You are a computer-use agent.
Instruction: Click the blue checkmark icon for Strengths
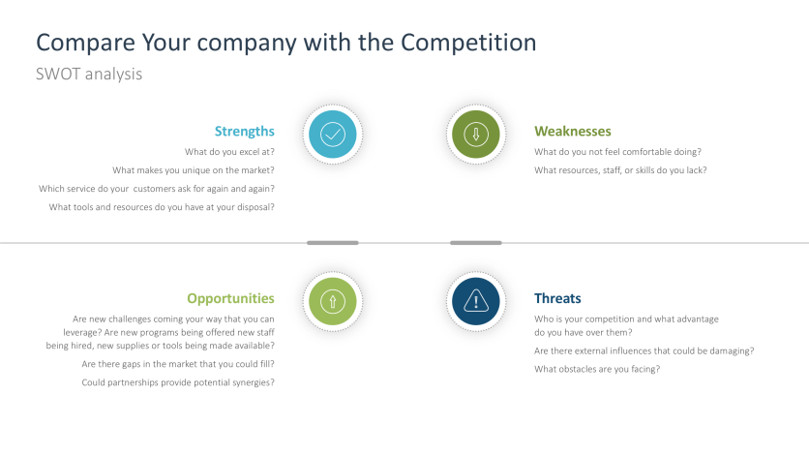(333, 135)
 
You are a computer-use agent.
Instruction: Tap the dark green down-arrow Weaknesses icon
(476, 135)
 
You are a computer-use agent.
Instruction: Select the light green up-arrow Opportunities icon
(333, 301)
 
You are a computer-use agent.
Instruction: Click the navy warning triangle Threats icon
(476, 301)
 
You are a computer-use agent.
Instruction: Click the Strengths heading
(245, 132)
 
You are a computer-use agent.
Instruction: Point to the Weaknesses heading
(573, 132)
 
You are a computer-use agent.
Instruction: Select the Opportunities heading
(230, 299)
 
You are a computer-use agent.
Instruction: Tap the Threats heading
(557, 299)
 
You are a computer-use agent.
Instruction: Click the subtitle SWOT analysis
(89, 75)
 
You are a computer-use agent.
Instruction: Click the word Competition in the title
(468, 43)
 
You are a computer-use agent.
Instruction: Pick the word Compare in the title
(86, 44)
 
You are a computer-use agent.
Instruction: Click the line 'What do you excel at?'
(229, 152)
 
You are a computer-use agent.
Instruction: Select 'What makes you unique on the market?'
(194, 170)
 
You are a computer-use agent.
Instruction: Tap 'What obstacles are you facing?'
(597, 370)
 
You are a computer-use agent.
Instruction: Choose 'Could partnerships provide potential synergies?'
(178, 382)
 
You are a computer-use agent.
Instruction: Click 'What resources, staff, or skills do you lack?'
(620, 170)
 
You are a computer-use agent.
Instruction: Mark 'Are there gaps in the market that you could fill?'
(178, 364)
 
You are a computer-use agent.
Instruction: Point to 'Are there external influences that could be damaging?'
(644, 350)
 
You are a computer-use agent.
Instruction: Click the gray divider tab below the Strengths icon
(333, 243)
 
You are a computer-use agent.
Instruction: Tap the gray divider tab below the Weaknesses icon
(476, 243)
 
